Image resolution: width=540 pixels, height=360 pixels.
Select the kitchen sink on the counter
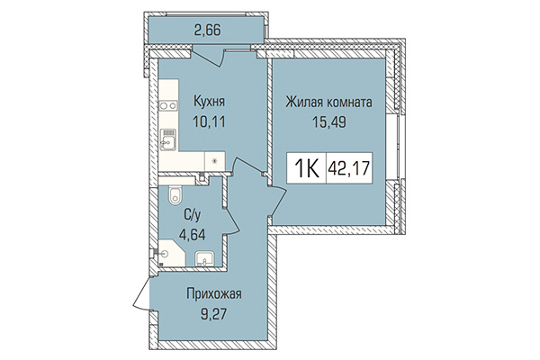coord(167,138)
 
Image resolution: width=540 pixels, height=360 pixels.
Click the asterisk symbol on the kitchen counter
coord(213,162)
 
